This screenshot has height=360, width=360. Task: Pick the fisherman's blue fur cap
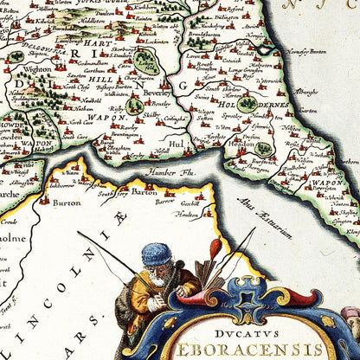point(157,254)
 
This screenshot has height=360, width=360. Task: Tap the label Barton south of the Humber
point(139,193)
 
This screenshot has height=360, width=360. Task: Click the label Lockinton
point(157,41)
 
